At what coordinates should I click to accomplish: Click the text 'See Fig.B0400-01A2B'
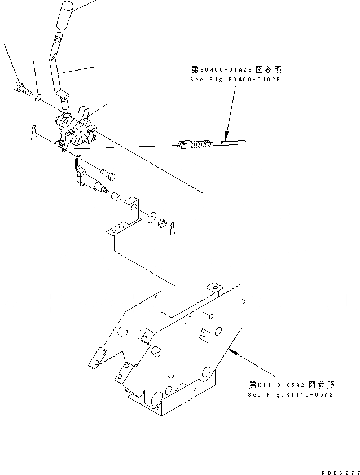pyautogui.click(x=235, y=80)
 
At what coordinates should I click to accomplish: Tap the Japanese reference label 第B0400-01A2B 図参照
pyautogui.click(x=235, y=70)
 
